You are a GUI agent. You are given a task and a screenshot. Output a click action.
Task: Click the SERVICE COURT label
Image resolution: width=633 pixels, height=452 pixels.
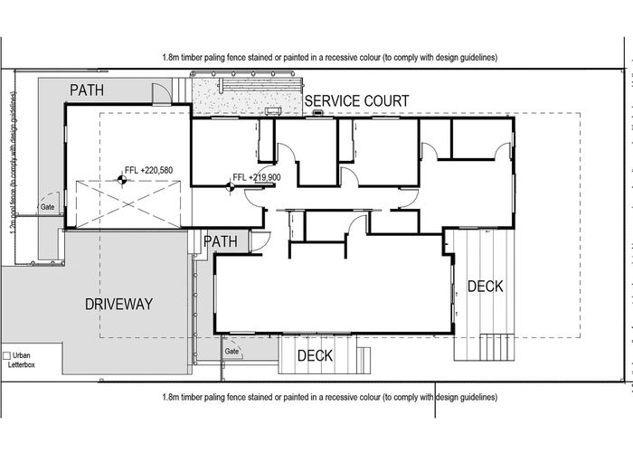coord(356,100)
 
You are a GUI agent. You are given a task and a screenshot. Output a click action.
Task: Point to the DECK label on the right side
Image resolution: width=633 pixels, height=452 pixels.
coord(486,287)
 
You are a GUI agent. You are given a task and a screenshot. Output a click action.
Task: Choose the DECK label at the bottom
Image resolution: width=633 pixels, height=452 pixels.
coord(316,355)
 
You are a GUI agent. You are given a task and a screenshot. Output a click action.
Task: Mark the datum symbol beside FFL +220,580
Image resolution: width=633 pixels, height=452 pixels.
coord(118,179)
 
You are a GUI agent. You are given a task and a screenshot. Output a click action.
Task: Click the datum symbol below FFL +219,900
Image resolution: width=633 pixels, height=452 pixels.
coord(233,187)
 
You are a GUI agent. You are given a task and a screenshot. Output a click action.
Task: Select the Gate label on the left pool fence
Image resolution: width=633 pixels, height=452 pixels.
coord(47,207)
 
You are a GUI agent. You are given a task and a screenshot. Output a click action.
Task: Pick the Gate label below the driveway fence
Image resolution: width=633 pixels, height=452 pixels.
coord(231,351)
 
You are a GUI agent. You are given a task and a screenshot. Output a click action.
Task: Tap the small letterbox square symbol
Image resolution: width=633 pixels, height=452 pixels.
coord(7,356)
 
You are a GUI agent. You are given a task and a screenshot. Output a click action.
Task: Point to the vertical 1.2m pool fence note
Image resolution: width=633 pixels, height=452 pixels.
coord(13,163)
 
